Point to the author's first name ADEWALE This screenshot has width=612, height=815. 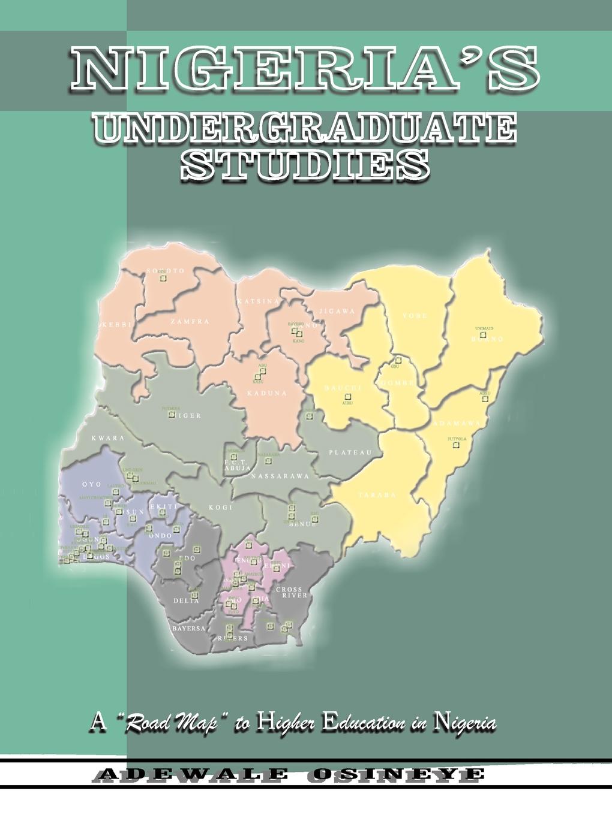click(x=190, y=774)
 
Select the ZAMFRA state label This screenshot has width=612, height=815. click(x=189, y=322)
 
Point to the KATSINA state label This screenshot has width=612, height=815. click(x=258, y=301)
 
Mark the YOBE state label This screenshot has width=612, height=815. click(x=415, y=316)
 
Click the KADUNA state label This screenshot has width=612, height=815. click(x=267, y=393)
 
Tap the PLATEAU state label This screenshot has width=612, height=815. click(x=350, y=452)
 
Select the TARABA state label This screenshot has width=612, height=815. click(x=378, y=494)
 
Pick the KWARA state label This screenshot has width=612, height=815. click(x=109, y=438)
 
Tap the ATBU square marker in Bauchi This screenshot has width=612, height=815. click(x=347, y=396)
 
